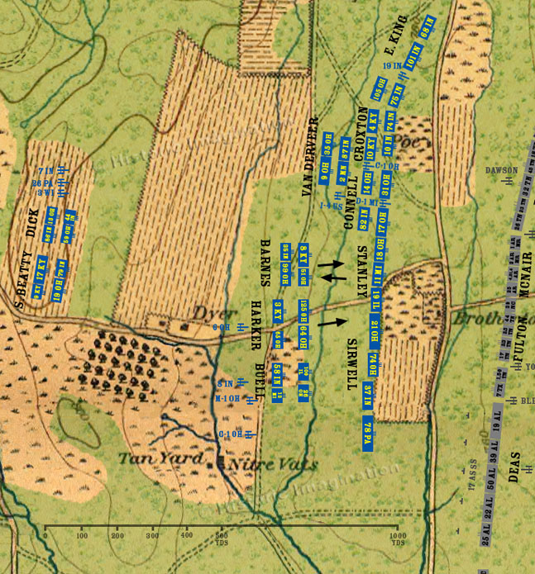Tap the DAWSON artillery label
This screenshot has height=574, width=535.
(501, 171)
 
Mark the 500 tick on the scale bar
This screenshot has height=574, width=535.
(222, 534)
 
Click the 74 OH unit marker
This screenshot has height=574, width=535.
(373, 363)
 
